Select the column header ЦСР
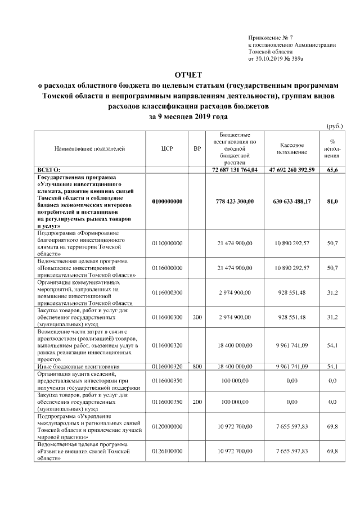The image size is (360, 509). point(166,149)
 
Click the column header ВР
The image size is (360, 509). point(196,149)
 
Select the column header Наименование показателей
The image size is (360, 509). point(90,149)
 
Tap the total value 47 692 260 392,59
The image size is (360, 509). point(292,169)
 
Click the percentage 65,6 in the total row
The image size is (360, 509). point(332,169)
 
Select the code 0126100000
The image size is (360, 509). point(167,451)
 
